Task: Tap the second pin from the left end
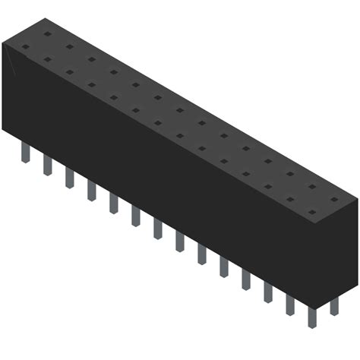click(47, 165)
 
